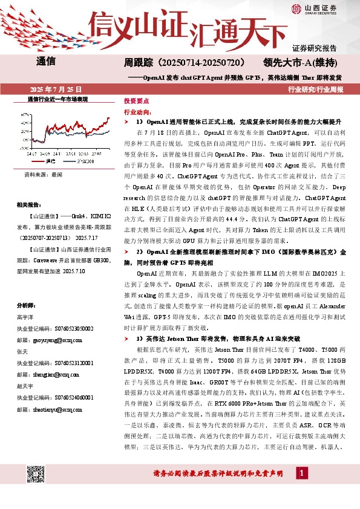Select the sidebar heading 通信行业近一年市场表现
click(58, 99)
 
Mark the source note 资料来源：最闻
click(43, 174)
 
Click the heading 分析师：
click(27, 306)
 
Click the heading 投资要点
click(136, 102)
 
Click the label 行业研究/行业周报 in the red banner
click(315, 89)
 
